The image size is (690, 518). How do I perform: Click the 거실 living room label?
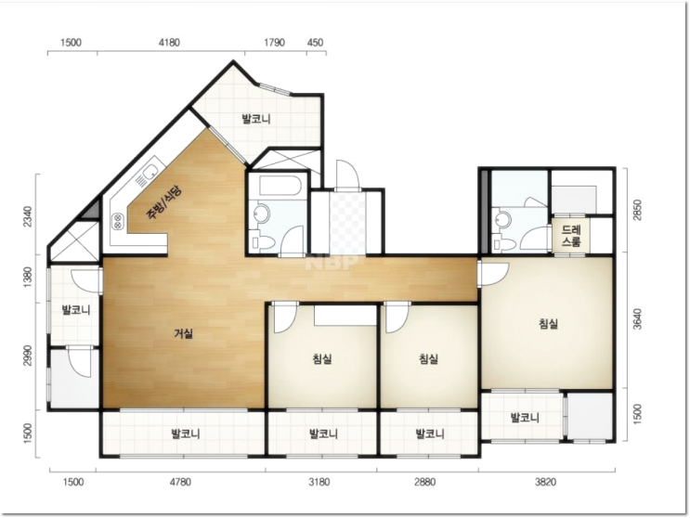point(184,334)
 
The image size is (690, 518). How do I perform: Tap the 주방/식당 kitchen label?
point(163,202)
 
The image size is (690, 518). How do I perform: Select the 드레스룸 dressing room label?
point(571,236)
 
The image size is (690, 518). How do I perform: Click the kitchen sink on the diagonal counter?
point(149,173)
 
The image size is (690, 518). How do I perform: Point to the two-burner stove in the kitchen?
point(118,220)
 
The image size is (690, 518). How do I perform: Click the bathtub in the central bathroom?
point(280,186)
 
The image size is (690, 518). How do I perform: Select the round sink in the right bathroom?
point(501,218)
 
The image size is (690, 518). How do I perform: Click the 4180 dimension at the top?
point(169,43)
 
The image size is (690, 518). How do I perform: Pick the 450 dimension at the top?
point(315,43)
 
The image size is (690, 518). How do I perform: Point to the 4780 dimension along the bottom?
point(180,482)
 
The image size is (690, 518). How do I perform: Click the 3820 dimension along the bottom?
point(546,482)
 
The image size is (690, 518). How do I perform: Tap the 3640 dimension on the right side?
point(636,319)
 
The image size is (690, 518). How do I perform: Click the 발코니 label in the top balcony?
point(256,119)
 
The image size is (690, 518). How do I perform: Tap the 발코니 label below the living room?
point(186,434)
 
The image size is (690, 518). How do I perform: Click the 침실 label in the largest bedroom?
point(548,324)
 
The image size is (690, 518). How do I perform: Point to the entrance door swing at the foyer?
point(347,175)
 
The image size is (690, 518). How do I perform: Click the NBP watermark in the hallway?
point(332,263)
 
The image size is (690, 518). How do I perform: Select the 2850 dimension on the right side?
point(636,210)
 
